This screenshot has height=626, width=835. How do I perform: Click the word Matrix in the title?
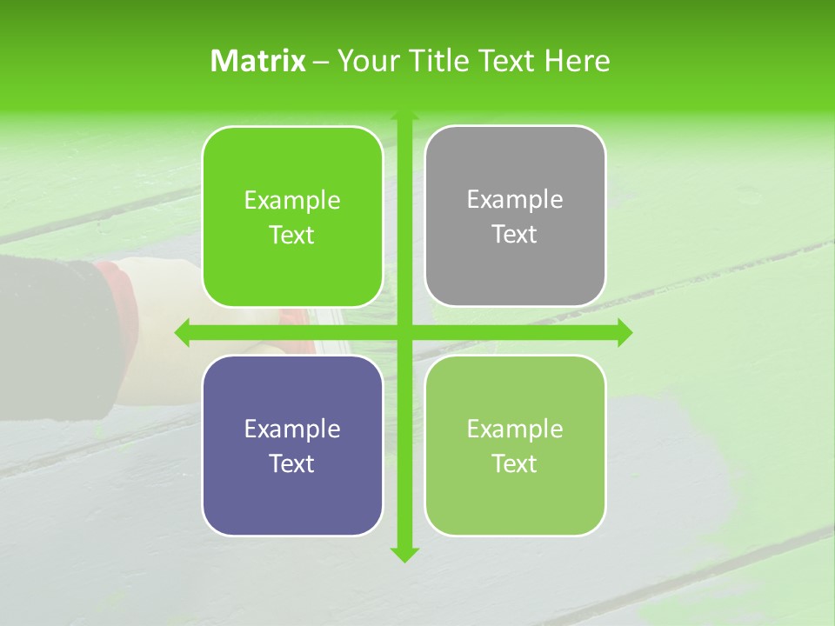(258, 61)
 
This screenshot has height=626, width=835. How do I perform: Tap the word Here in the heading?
(577, 61)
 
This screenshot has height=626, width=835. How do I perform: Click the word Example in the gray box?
(515, 200)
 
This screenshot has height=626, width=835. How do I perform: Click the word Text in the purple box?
(292, 463)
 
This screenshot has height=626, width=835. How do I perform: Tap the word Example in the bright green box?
(292, 201)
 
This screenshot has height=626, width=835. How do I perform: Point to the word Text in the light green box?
(515, 463)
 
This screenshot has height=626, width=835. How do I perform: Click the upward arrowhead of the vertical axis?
(404, 114)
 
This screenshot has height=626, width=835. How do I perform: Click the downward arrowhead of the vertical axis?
(404, 555)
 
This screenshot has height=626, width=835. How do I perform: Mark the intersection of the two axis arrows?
(404, 332)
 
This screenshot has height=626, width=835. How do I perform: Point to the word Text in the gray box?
(515, 235)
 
